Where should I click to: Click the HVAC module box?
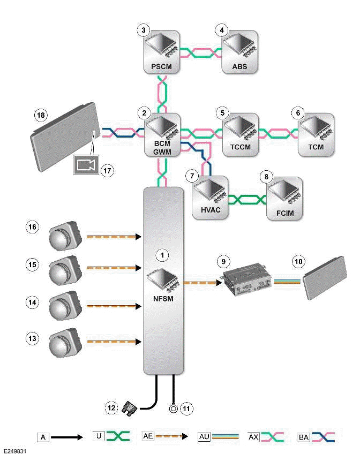pyautogui.click(x=209, y=198)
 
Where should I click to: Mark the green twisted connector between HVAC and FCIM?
pyautogui.click(x=247, y=200)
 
